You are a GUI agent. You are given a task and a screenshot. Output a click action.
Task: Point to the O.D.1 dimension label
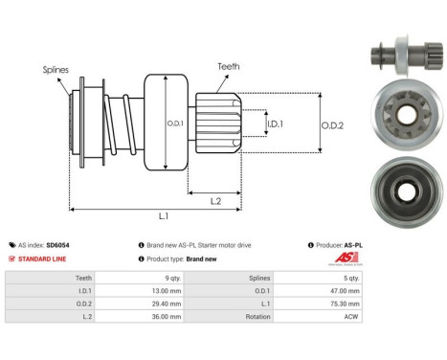[176, 123]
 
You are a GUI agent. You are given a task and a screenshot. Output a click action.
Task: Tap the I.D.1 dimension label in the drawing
[275, 124]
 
